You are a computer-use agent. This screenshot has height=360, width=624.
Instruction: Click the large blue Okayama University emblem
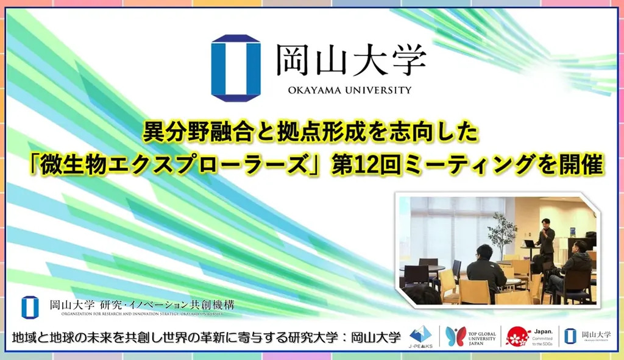236,68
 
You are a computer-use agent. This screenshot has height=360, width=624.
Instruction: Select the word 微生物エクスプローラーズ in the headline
214,164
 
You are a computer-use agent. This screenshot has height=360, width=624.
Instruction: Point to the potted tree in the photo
502,235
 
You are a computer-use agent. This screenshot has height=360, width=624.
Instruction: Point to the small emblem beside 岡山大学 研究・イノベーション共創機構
26,306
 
